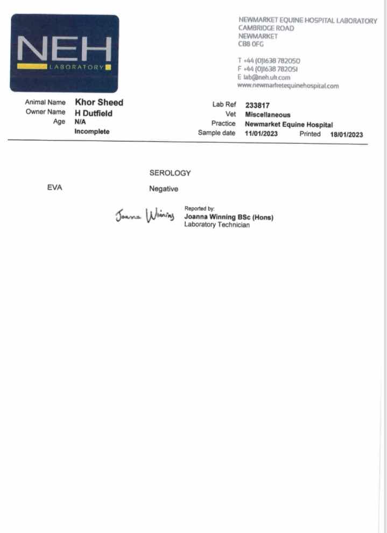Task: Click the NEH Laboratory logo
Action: pyautogui.click(x=65, y=53)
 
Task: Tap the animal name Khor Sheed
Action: pyautogui.click(x=99, y=102)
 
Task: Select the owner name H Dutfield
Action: pyautogui.click(x=94, y=113)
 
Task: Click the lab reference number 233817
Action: pyautogui.click(x=257, y=106)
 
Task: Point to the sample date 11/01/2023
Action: pyautogui.click(x=261, y=134)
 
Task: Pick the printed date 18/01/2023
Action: pyautogui.click(x=347, y=134)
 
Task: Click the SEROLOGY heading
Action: pyautogui.click(x=170, y=173)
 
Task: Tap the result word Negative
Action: pyautogui.click(x=164, y=189)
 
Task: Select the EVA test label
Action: pyautogui.click(x=55, y=188)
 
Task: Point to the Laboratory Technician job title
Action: pyautogui.click(x=217, y=225)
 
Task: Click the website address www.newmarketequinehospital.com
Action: pyautogui.click(x=288, y=86)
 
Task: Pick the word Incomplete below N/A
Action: pyautogui.click(x=92, y=131)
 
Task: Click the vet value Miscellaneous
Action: pyautogui.click(x=268, y=115)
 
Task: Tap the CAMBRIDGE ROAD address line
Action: pyautogui.click(x=266, y=28)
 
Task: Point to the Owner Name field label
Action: pyautogui.click(x=45, y=112)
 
